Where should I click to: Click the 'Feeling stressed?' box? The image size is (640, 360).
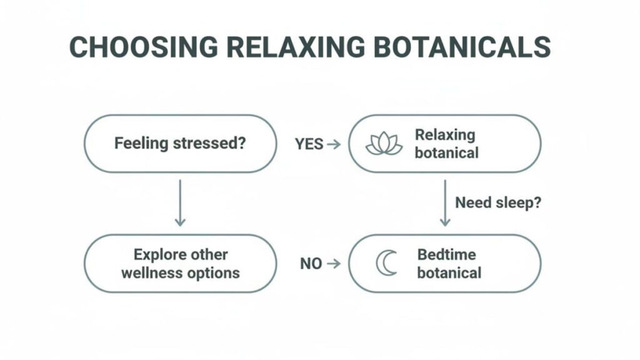coord(180,144)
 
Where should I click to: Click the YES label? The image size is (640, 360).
coord(309,144)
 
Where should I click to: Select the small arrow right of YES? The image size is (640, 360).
coord(334,144)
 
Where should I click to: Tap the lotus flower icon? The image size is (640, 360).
coord(384,144)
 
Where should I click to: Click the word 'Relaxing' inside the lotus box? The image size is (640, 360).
coord(445,135)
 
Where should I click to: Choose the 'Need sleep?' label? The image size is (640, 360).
coord(497,202)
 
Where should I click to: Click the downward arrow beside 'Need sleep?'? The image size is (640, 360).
coord(445,203)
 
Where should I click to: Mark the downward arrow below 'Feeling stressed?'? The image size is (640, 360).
coord(180,203)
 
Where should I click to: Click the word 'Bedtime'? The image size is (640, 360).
coord(446,254)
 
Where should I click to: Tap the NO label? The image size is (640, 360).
coord(311,263)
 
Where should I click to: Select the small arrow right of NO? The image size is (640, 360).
coord(334,263)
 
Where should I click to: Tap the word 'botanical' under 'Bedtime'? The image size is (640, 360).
coord(449,272)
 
